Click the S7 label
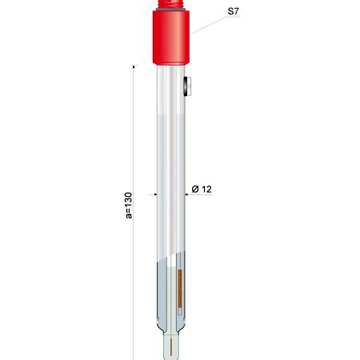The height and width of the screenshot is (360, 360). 233,11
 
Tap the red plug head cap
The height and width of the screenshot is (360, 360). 171,38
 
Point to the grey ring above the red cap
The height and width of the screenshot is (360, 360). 171,10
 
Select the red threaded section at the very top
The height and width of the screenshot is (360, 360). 171,4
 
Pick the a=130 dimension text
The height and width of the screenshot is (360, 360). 129,206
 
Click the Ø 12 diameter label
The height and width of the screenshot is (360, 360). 202,189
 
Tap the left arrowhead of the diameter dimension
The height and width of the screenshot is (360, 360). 155,194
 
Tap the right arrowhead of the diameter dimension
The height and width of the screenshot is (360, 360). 187,194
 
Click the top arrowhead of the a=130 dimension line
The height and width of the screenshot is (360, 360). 134,66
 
